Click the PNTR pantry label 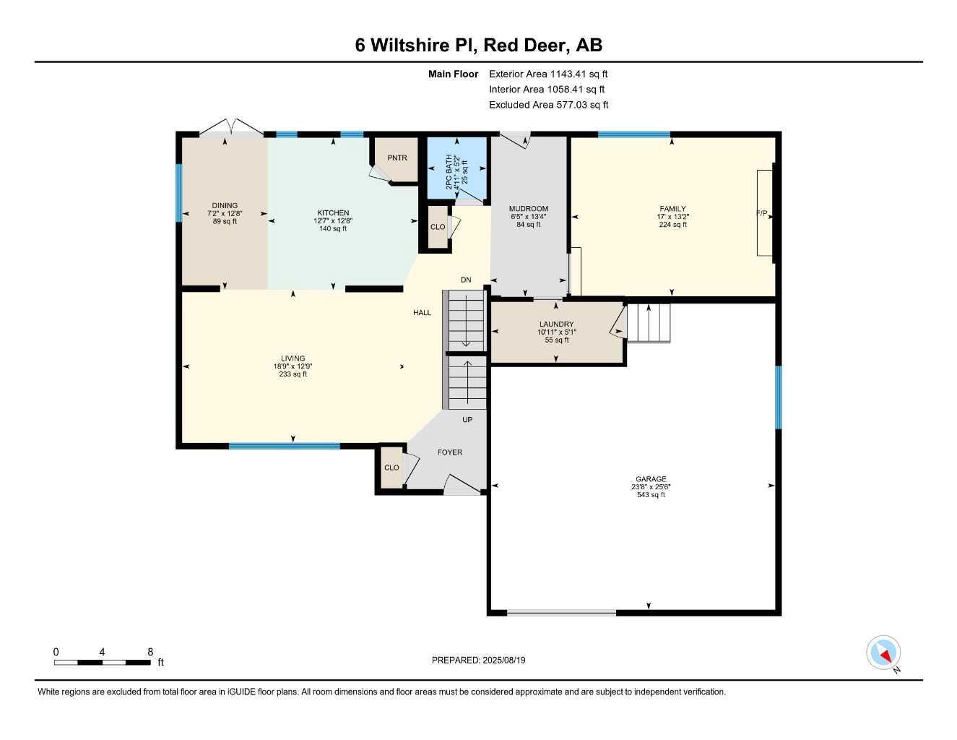tap(397, 158)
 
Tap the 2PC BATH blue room tap(456, 168)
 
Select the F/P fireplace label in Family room tap(761, 213)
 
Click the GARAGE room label tap(651, 479)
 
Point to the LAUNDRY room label tap(556, 324)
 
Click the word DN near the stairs tap(466, 280)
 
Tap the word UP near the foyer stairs tap(467, 420)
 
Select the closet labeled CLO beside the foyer tap(391, 468)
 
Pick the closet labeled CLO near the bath tap(438, 227)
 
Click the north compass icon tap(883, 653)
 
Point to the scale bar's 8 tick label tap(150, 652)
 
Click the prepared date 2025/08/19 tap(478, 660)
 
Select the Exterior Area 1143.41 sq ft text tap(548, 74)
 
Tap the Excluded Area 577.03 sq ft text tap(548, 105)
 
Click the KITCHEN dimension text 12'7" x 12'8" tap(333, 221)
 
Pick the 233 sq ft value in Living tap(293, 374)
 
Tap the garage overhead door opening tap(561, 613)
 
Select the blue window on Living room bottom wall tap(284, 446)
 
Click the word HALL tap(422, 313)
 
